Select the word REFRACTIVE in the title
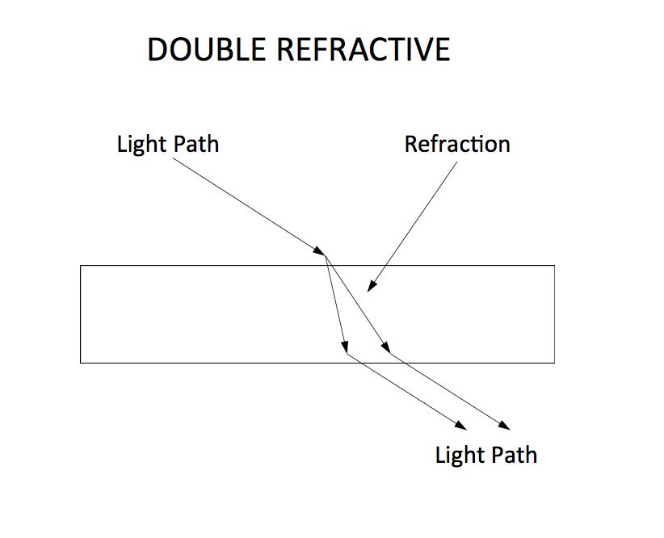coord(364,50)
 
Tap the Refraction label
coord(457,145)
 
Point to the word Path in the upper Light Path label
coord(195,145)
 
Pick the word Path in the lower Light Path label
coord(514,455)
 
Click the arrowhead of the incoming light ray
coord(321,252)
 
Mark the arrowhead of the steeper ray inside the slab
coord(344,347)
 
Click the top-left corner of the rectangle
coord(81,265)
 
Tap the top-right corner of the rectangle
coord(554,265)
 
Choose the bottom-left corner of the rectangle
coord(81,363)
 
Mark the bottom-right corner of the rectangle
coord(554,363)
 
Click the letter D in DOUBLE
coord(158,50)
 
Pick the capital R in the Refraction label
coord(410,145)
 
